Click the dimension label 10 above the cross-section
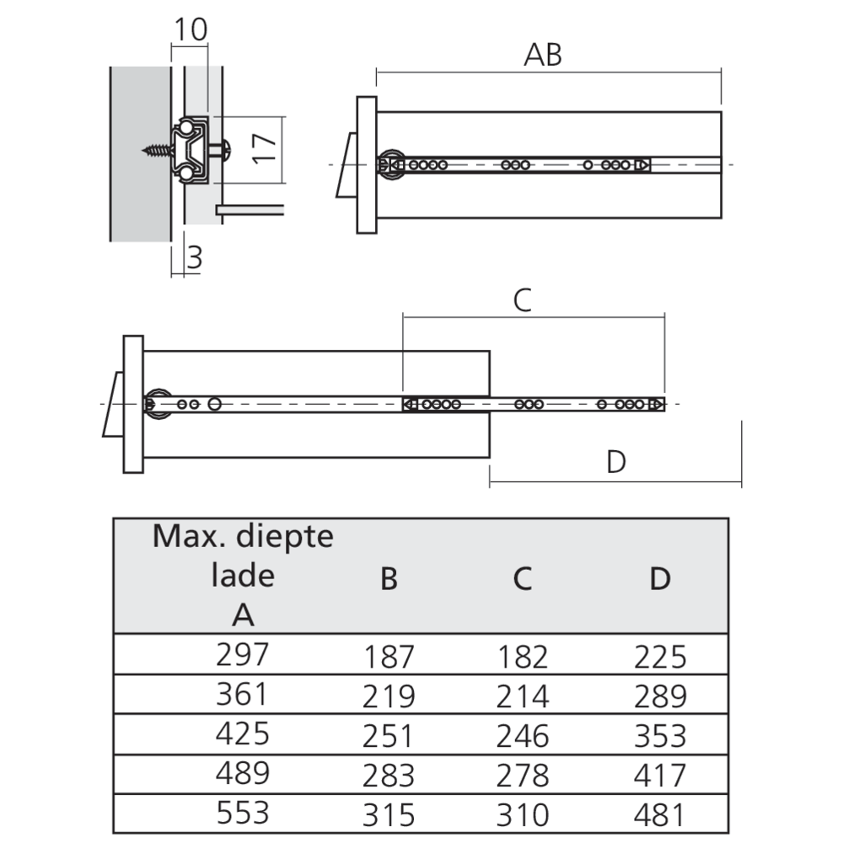190,30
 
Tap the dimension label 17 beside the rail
265,148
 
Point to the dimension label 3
195,257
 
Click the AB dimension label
543,55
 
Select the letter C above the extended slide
523,300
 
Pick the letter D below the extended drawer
616,462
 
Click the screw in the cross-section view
157,151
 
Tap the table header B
389,580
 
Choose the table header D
661,580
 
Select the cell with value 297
243,653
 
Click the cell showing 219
389,696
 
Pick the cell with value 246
523,736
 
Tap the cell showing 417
661,776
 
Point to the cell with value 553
243,812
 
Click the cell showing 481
661,815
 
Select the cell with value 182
523,657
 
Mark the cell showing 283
389,776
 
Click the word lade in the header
243,576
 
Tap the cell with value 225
661,657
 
